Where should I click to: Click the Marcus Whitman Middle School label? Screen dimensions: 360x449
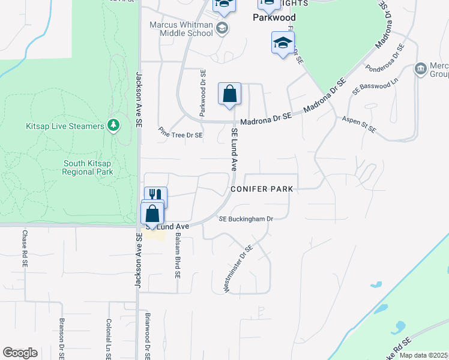181,29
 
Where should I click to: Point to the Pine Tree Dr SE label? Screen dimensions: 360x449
181,136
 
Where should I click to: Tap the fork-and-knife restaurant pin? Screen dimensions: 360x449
155,195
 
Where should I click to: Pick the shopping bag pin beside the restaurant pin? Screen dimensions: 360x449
152,214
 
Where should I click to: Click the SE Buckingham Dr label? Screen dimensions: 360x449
246,219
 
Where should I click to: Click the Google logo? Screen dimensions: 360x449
20,353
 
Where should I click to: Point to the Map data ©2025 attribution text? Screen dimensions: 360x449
423,355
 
